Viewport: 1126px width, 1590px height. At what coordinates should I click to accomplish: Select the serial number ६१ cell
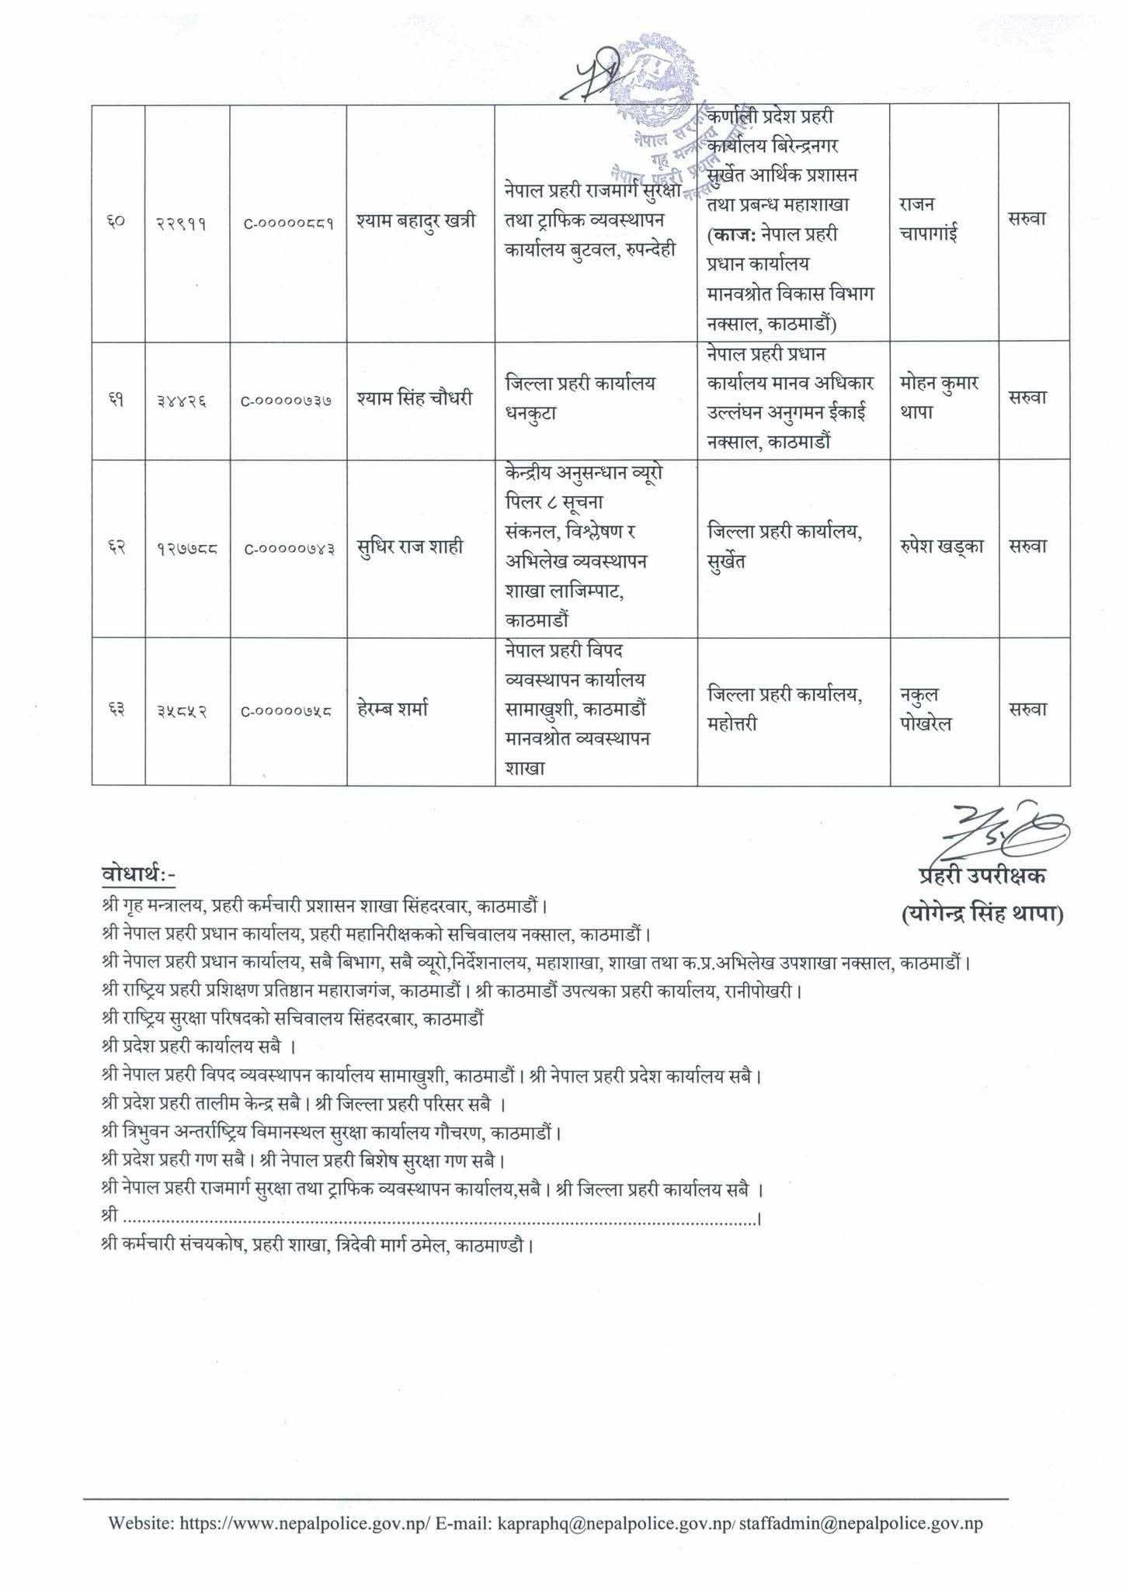point(117,399)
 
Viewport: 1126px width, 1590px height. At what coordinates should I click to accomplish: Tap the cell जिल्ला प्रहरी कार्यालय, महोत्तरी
point(785,710)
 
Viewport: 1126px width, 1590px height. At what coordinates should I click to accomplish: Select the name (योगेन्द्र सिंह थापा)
point(982,916)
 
